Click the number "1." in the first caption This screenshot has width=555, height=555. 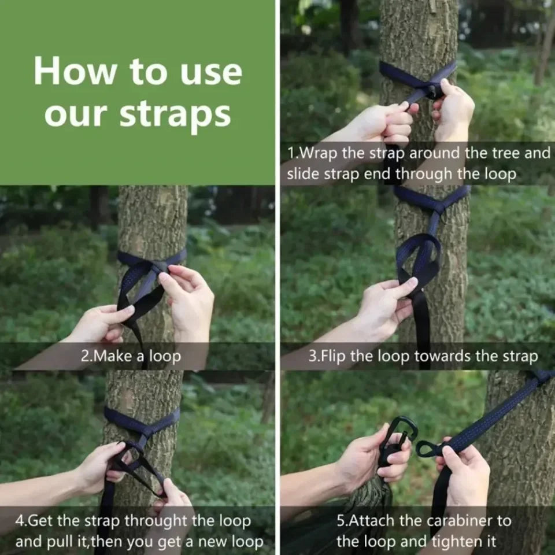coord(294,154)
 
